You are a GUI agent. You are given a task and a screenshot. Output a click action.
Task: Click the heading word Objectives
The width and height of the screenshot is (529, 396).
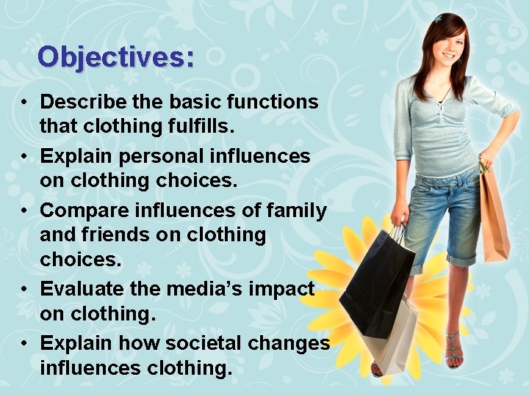pyautogui.click(x=116, y=56)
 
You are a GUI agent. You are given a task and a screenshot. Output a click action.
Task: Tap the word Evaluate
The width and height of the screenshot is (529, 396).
pyautogui.click(x=76, y=290)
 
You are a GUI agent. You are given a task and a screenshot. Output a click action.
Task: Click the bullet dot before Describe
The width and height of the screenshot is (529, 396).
pyautogui.click(x=24, y=102)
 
